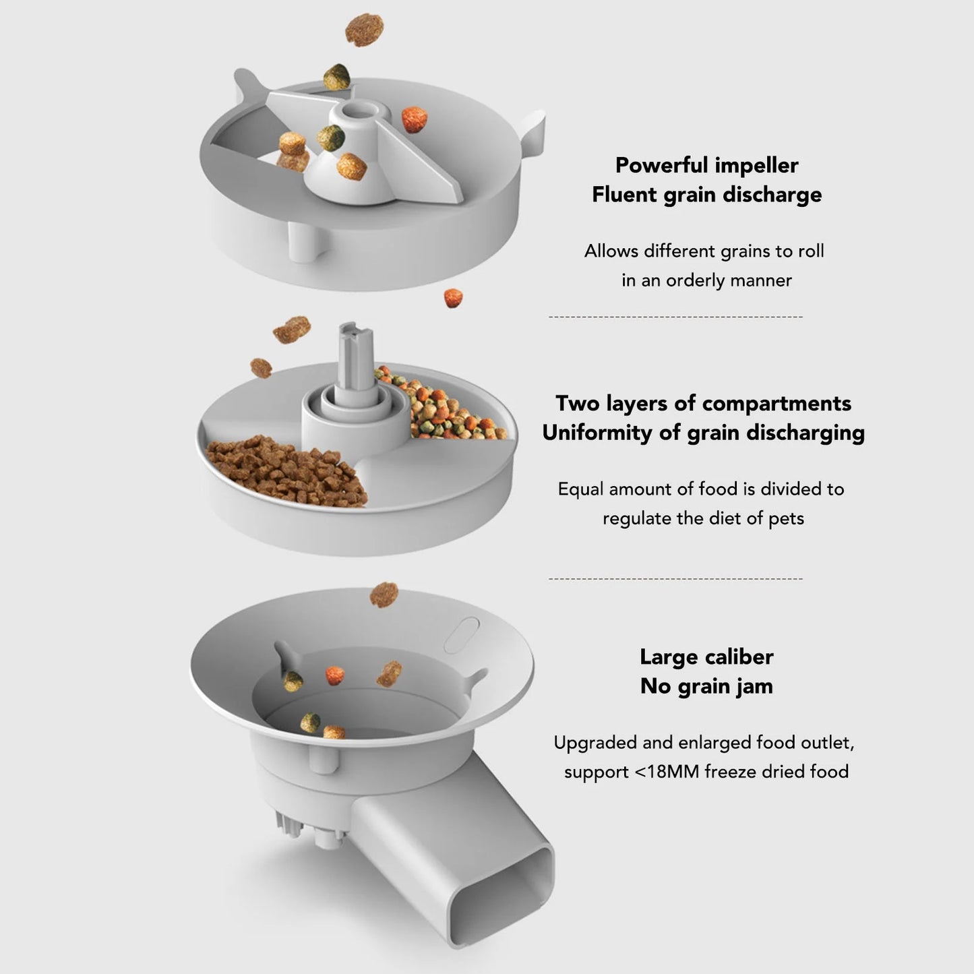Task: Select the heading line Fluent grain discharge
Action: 706,195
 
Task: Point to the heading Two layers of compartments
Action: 703,403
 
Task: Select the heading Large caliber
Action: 706,657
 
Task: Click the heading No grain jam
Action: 706,686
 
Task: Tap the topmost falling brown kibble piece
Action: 364,29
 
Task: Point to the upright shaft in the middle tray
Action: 356,357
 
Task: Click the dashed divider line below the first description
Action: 675,316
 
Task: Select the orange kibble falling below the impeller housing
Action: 453,297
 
